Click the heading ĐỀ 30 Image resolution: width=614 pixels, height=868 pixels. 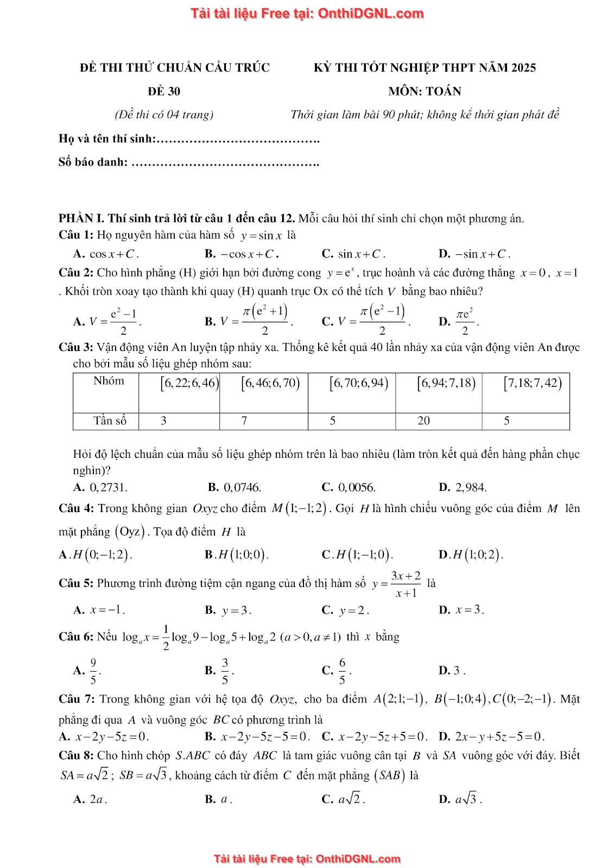(x=164, y=91)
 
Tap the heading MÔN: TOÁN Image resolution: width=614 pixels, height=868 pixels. (x=425, y=91)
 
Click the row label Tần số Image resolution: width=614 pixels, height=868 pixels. (x=110, y=421)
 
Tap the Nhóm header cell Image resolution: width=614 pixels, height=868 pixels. (x=109, y=381)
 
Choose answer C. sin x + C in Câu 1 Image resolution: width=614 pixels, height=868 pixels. (x=354, y=253)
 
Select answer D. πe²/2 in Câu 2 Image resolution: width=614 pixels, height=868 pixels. (x=459, y=322)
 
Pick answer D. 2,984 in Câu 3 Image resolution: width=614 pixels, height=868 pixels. (x=463, y=487)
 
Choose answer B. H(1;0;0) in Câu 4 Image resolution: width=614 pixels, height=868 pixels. (x=237, y=554)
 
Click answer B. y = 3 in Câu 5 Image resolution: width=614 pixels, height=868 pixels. (x=229, y=610)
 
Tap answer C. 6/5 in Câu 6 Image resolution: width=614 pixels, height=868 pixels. (x=337, y=671)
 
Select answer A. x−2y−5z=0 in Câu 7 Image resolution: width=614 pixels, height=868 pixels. (x=104, y=737)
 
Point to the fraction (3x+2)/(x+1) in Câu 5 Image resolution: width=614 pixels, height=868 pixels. (x=406, y=584)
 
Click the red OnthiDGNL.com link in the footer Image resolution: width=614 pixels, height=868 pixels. (x=358, y=859)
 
